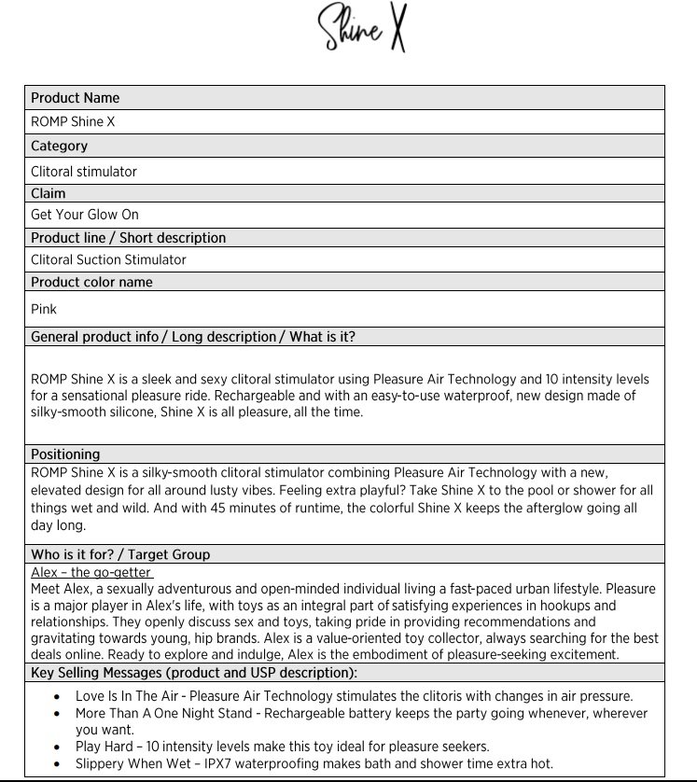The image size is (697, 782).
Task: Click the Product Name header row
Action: coord(76,98)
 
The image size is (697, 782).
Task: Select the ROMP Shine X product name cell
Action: coord(73,121)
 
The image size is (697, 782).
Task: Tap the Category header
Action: coord(60,146)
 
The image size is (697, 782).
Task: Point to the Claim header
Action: coord(49,193)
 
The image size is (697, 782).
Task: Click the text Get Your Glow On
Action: coord(85,215)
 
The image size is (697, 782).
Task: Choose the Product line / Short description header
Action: coord(129,238)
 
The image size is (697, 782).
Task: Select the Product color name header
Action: coord(91,282)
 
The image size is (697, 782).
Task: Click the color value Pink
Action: coord(44,309)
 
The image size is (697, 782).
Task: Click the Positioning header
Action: coord(65,454)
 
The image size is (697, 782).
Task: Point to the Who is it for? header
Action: coord(120,554)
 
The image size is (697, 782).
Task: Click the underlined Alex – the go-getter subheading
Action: coord(91,572)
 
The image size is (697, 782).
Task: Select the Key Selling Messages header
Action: coord(194,672)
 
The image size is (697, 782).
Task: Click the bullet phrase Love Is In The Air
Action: coord(129,696)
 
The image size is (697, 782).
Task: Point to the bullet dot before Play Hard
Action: coord(59,747)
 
